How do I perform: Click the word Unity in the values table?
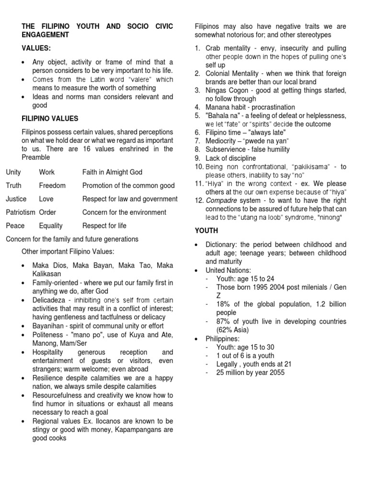click(x=13, y=172)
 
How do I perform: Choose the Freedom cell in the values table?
click(x=52, y=186)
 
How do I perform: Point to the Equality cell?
click(x=52, y=225)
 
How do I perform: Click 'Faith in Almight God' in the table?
click(x=112, y=172)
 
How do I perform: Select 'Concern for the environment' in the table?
click(x=124, y=212)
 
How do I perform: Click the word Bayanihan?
click(x=49, y=326)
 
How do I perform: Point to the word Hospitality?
click(x=50, y=352)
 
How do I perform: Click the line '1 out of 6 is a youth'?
click(x=240, y=355)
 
